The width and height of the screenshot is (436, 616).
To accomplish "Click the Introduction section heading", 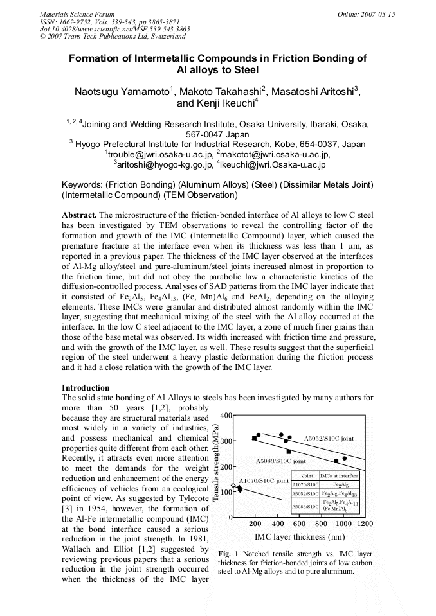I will click(86, 388).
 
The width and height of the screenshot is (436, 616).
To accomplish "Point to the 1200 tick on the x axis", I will click(364, 524).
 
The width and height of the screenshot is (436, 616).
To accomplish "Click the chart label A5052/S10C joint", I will click(329, 438).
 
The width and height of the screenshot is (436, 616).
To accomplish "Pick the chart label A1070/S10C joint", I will click(264, 480).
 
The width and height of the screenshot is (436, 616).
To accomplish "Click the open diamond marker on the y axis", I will click(233, 485).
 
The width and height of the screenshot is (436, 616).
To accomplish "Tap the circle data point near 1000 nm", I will click(345, 458).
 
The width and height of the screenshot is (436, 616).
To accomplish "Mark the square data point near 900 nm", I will click(336, 461).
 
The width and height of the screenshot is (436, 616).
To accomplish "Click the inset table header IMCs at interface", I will click(340, 476).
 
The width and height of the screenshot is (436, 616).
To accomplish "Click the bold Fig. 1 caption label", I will click(228, 553).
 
